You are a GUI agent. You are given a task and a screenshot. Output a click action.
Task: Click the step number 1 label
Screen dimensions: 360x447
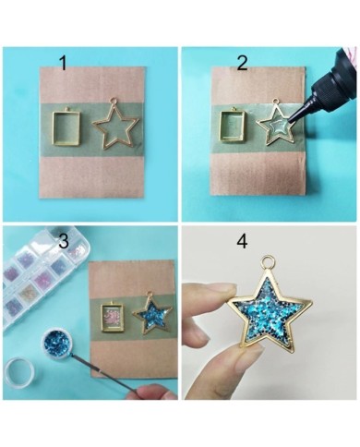pyautogui.click(x=63, y=63)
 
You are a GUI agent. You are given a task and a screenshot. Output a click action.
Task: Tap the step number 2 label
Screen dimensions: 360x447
pyautogui.click(x=242, y=63)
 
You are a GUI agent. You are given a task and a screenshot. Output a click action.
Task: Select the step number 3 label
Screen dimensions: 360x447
pyautogui.click(x=64, y=241)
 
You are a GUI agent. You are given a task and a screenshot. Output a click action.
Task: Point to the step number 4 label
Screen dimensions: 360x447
pyautogui.click(x=242, y=241)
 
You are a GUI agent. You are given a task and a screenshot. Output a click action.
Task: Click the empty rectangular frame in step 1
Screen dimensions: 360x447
pyautogui.click(x=54, y=127)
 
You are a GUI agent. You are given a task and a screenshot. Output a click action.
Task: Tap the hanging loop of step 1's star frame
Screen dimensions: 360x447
pyautogui.click(x=114, y=101)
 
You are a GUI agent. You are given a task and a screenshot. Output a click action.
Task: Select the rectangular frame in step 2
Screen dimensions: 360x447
pyautogui.click(x=222, y=127)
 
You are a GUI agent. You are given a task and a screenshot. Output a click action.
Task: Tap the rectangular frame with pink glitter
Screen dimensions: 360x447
pyautogui.click(x=113, y=318)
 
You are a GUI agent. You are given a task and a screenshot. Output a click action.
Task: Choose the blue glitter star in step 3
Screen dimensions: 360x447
pyautogui.click(x=151, y=314)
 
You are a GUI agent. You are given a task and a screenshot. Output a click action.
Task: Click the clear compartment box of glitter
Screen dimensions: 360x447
pyautogui.click(x=43, y=277)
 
